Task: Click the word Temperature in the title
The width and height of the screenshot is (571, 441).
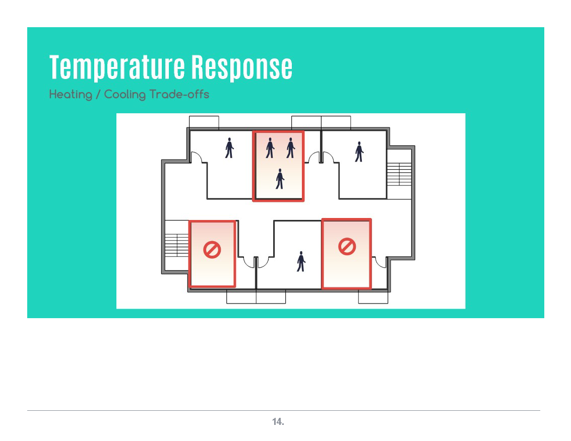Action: (x=117, y=67)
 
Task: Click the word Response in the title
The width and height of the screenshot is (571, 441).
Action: (x=242, y=67)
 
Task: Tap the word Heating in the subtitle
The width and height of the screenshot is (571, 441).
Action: (x=71, y=95)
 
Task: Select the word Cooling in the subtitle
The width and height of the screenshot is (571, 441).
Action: (x=125, y=95)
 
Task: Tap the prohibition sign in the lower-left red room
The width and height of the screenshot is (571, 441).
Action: (x=212, y=250)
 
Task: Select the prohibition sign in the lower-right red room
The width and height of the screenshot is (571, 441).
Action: (x=347, y=247)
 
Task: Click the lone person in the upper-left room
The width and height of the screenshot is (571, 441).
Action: (x=229, y=148)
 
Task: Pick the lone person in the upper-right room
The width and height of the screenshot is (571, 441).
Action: (x=359, y=152)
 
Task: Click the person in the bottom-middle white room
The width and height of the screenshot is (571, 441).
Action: (x=301, y=261)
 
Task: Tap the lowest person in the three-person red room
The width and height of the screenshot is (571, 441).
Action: (x=280, y=179)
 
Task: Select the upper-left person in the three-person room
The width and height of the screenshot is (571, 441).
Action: (x=270, y=148)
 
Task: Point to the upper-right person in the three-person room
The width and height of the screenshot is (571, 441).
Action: (x=290, y=148)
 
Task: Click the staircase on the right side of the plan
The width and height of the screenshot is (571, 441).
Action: (x=399, y=174)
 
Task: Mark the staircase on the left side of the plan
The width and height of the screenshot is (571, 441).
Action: (x=177, y=245)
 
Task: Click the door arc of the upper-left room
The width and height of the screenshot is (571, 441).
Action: (x=197, y=157)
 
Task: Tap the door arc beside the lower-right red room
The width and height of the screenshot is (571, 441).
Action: (x=379, y=262)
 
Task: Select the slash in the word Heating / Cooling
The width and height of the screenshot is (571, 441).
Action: (x=98, y=95)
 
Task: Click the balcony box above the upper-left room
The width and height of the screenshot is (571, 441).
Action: (x=204, y=122)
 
